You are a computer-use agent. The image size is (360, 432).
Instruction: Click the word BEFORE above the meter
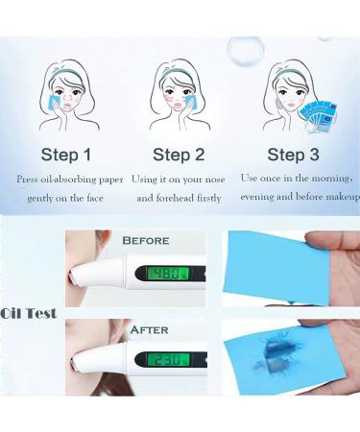click(146, 240)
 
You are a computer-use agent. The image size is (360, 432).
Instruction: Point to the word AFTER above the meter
click(148, 330)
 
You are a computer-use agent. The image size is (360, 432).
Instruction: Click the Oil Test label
click(29, 313)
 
